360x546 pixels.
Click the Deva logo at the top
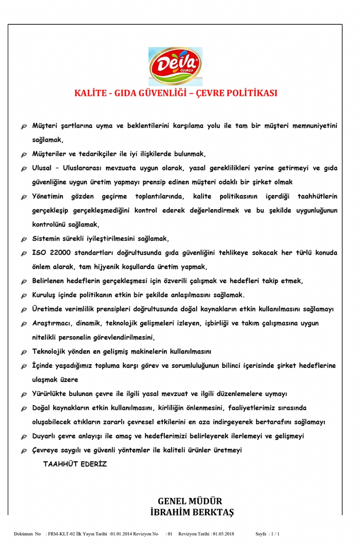(175, 66)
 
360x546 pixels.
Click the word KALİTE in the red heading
(89, 93)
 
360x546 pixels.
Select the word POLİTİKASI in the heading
(251, 93)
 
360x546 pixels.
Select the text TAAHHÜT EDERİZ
(75, 463)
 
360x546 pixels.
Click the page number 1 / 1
(275, 534)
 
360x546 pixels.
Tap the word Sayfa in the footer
(261, 534)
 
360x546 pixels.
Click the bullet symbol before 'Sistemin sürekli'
(24, 240)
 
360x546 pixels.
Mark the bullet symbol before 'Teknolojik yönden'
(24, 352)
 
